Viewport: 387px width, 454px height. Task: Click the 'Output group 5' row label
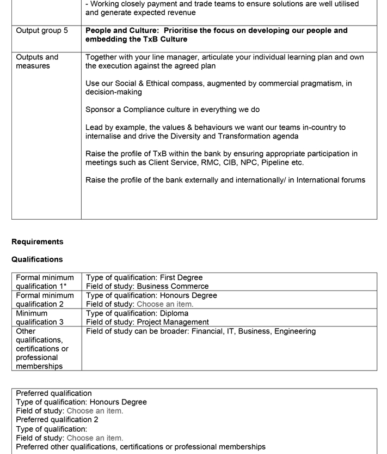click(x=42, y=31)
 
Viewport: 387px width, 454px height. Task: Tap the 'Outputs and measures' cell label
click(x=36, y=62)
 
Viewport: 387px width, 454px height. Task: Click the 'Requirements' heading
click(x=37, y=241)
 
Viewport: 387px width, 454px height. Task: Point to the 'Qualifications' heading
click(x=37, y=259)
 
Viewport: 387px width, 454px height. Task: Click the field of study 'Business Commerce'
click(x=173, y=286)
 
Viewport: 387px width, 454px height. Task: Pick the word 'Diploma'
click(x=174, y=313)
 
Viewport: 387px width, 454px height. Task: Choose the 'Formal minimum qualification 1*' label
click(x=45, y=282)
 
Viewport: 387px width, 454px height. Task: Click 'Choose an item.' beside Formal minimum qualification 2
click(x=165, y=304)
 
